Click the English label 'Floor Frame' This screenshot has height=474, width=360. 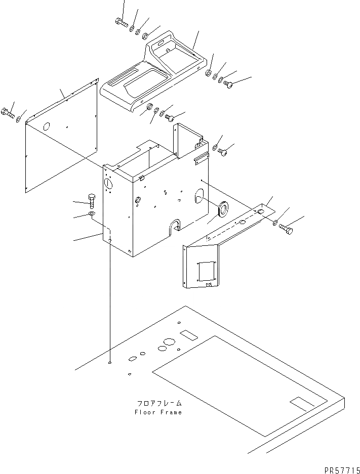[x=158, y=412]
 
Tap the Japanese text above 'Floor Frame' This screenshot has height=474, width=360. [x=158, y=404]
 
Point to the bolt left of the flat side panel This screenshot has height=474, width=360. [x=8, y=113]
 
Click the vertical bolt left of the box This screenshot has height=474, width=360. [x=92, y=201]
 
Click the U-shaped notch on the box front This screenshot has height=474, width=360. [x=176, y=226]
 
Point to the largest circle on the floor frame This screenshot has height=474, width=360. [x=164, y=348]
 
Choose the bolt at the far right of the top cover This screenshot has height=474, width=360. [x=228, y=85]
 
